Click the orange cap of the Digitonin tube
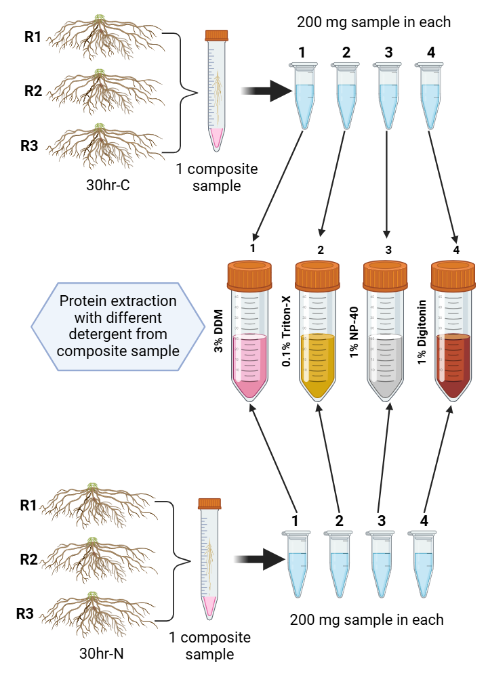point(452,274)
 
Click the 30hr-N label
point(100,655)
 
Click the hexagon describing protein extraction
point(117,326)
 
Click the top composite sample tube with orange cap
point(216,88)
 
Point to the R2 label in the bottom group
point(28,560)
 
